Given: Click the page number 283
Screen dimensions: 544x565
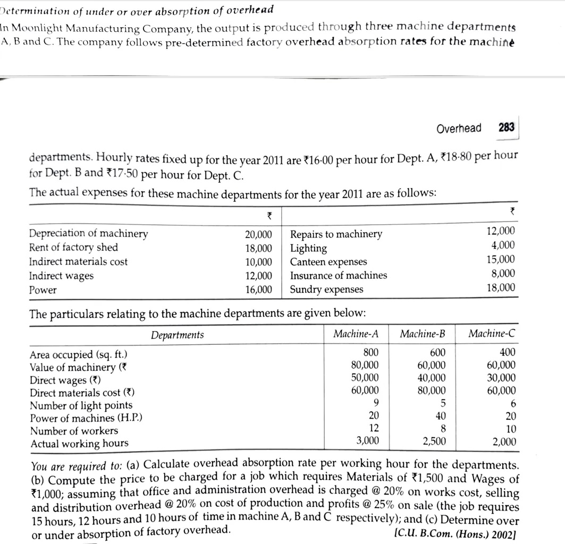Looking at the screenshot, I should pyautogui.click(x=507, y=128).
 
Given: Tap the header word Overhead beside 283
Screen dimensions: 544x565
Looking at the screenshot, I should pyautogui.click(x=459, y=129).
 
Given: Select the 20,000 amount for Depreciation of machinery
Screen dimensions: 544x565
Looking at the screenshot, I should pyautogui.click(x=258, y=234).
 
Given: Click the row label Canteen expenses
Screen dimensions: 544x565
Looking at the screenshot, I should pyautogui.click(x=328, y=262).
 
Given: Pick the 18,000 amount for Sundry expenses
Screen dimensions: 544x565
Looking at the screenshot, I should pyautogui.click(x=501, y=288).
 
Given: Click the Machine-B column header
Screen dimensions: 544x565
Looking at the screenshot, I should pyautogui.click(x=423, y=334).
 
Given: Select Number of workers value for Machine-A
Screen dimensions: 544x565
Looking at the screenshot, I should pyautogui.click(x=374, y=428).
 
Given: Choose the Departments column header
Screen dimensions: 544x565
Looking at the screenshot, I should pyautogui.click(x=177, y=335).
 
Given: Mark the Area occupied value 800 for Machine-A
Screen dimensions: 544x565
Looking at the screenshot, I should pyautogui.click(x=371, y=352).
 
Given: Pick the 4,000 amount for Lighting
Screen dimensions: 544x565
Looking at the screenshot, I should pyautogui.click(x=503, y=245).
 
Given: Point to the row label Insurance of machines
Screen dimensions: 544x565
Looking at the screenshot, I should pyautogui.click(x=339, y=276).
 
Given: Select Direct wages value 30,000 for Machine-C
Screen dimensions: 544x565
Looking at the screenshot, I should pyautogui.click(x=501, y=378).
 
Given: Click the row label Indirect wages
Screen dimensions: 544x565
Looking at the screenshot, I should pyautogui.click(x=61, y=276).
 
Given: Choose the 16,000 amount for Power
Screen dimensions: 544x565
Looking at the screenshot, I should pyautogui.click(x=258, y=290).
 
